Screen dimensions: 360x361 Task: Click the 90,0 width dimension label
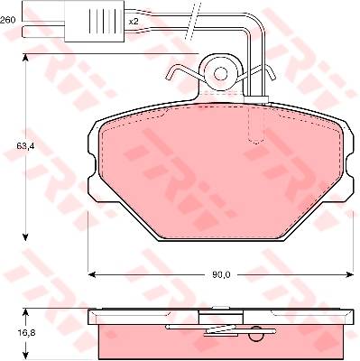click(221, 274)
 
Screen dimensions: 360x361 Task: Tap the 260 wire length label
click(8, 20)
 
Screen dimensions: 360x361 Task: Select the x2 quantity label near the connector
click(134, 22)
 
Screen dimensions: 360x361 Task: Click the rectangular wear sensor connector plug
click(94, 21)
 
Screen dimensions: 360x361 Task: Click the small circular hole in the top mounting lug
click(221, 73)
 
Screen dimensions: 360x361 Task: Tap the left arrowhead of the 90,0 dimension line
click(91, 274)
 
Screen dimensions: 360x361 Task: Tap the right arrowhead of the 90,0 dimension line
click(349, 274)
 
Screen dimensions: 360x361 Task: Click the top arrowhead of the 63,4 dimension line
click(25, 59)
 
